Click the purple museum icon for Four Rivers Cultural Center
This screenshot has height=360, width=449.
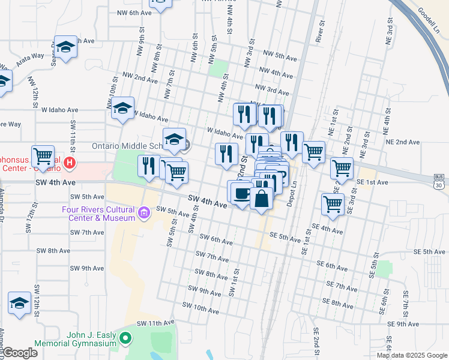click(x=143, y=212)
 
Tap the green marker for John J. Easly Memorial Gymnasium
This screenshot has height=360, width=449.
click(x=125, y=339)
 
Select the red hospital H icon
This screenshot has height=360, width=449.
click(x=70, y=162)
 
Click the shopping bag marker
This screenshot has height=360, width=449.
click(x=261, y=199)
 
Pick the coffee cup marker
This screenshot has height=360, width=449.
click(x=241, y=193)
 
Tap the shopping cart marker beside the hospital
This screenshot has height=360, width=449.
click(x=43, y=156)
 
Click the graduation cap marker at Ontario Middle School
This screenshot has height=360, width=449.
click(x=174, y=140)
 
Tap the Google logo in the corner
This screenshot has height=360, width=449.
click(x=19, y=353)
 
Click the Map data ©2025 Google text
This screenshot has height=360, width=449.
click(x=411, y=355)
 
